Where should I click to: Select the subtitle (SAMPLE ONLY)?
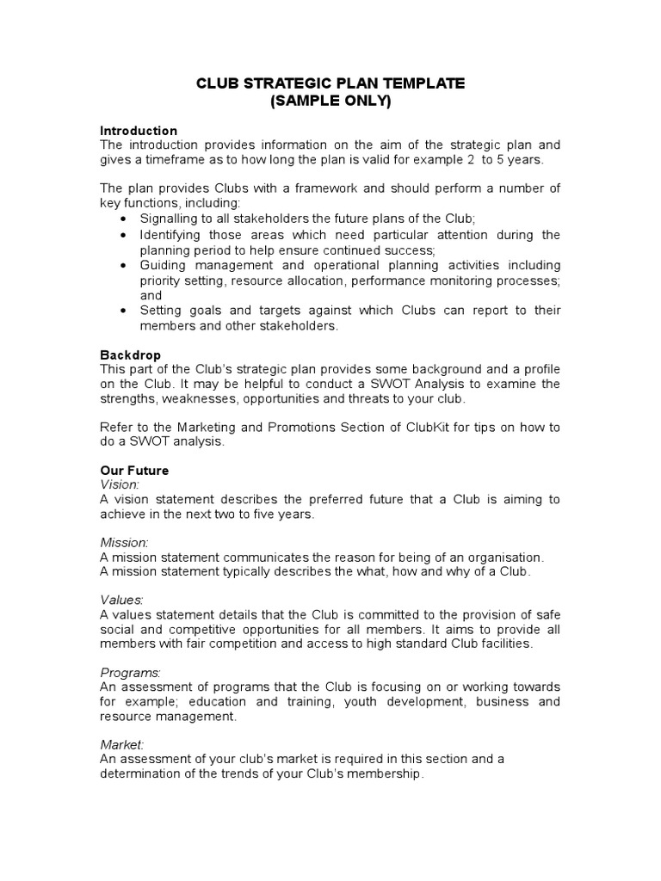click(330, 101)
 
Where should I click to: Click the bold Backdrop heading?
click(131, 354)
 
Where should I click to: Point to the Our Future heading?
click(135, 471)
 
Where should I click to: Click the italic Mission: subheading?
click(125, 543)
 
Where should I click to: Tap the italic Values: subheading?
click(122, 599)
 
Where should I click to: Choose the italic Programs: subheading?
click(131, 672)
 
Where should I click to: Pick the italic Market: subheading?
click(122, 744)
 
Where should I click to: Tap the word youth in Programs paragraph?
click(363, 701)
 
